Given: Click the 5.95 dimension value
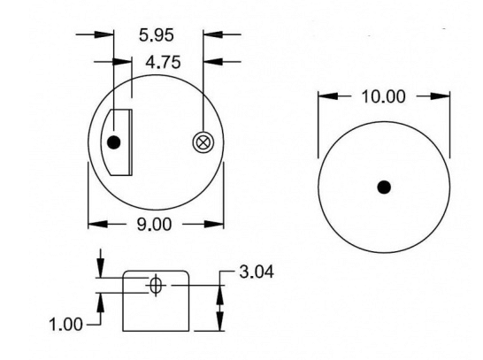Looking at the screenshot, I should [x=157, y=37].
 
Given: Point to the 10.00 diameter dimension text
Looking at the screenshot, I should [x=383, y=96].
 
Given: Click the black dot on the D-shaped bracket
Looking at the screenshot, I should [x=113, y=142].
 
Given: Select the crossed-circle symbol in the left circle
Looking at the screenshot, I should [x=203, y=142].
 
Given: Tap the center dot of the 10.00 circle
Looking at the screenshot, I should [x=383, y=187].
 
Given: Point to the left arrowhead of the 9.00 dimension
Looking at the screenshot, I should [x=94, y=224].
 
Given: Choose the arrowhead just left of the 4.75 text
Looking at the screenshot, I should [x=126, y=61].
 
